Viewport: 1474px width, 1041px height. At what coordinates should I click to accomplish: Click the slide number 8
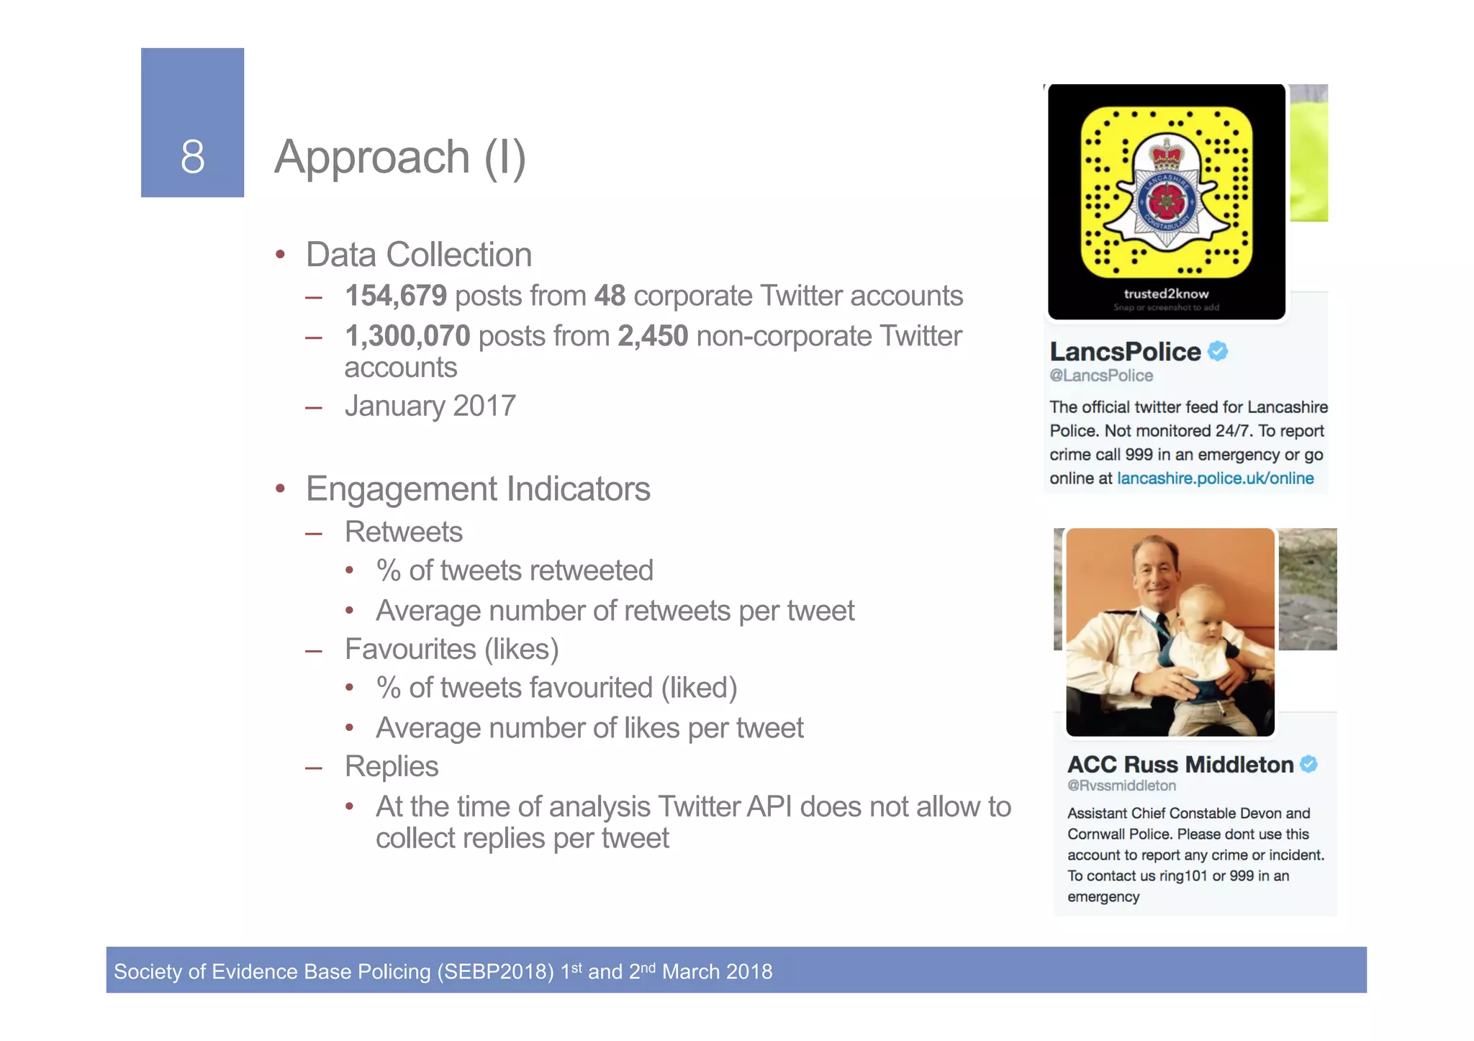192,157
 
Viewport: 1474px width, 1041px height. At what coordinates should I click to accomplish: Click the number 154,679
396,296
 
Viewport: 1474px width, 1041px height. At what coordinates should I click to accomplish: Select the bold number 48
610,296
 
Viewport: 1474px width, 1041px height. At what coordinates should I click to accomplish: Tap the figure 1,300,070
407,336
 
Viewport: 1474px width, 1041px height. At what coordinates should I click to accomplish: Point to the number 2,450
653,336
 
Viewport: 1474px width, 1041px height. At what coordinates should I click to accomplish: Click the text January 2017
430,406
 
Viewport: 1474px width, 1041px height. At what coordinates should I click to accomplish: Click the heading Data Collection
418,255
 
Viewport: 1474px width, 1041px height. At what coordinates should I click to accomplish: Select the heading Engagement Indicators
478,489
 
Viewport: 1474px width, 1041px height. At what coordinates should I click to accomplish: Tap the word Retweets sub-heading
403,532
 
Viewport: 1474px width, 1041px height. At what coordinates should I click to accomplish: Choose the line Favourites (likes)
451,649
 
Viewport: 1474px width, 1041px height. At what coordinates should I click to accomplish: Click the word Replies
392,766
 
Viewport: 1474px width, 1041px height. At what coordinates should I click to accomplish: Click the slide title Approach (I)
400,157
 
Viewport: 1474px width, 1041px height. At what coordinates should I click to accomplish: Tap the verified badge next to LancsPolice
1218,351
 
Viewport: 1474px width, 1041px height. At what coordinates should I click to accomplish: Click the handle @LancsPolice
1101,376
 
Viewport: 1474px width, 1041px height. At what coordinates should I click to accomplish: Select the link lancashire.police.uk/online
1215,478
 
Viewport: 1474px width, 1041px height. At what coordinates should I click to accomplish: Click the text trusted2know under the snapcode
1166,294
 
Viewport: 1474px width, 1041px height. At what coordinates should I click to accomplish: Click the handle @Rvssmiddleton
1121,786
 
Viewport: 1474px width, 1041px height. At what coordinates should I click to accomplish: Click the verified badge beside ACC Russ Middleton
1309,764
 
